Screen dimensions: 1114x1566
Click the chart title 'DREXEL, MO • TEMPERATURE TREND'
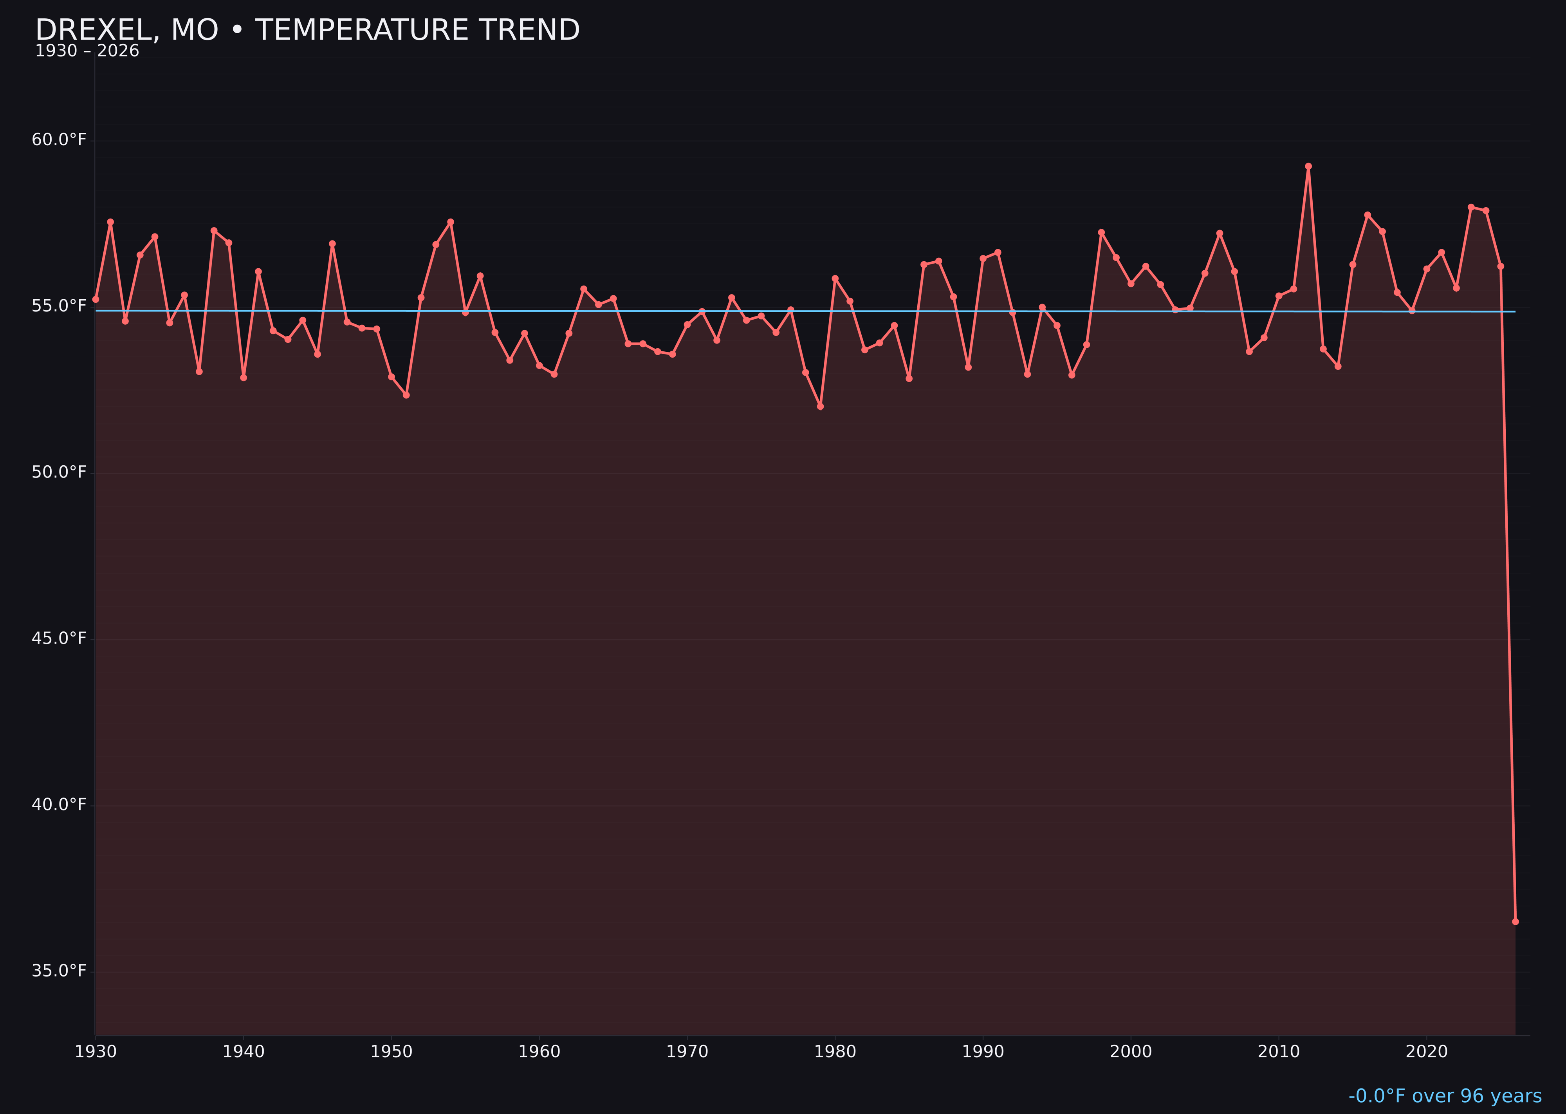307,30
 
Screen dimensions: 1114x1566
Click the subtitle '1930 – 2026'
87,51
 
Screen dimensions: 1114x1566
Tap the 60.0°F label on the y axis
59,140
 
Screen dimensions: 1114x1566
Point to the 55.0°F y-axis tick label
59,306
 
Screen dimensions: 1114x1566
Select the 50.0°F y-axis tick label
59,473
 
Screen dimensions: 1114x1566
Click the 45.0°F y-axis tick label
59,638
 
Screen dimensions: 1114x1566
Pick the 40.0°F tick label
59,805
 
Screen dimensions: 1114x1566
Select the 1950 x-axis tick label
391,1052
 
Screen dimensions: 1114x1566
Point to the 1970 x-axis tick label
687,1052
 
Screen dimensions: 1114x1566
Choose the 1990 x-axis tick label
983,1052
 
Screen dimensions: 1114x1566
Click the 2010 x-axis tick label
1279,1052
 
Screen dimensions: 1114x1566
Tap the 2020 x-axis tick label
1426,1052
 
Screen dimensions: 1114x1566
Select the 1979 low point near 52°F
820,407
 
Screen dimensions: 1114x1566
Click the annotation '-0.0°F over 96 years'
1445,1096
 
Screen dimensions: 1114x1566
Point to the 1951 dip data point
406,395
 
